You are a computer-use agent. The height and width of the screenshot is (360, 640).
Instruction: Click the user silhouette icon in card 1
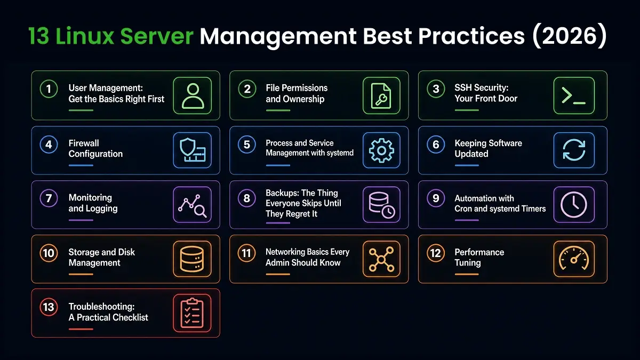coord(193,95)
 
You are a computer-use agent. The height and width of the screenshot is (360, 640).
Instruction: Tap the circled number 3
coord(436,89)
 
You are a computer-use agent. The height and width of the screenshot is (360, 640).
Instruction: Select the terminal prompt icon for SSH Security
coord(574,95)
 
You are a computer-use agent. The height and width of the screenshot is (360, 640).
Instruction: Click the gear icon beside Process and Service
coord(381,150)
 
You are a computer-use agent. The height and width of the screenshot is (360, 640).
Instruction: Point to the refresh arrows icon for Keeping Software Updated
coord(574,150)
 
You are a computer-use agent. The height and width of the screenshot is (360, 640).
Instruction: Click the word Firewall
coord(84,143)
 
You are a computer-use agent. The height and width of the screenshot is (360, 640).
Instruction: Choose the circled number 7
coord(49,198)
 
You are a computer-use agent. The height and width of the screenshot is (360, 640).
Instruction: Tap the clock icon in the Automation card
coord(574,205)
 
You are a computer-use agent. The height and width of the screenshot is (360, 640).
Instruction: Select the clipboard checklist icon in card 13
coord(193,313)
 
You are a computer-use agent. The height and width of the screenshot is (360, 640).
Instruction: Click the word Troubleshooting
coord(102,307)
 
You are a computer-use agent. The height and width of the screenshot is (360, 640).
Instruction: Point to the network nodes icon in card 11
coord(381,259)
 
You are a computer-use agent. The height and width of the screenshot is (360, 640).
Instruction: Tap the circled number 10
coord(49,253)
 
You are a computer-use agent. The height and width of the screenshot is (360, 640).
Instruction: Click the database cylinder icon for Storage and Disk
coord(193,259)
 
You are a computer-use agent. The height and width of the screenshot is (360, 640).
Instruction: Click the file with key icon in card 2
coord(381,95)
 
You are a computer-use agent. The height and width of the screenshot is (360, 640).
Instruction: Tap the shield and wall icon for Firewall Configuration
coord(193,150)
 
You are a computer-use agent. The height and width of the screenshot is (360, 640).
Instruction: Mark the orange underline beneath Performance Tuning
coord(467,274)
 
